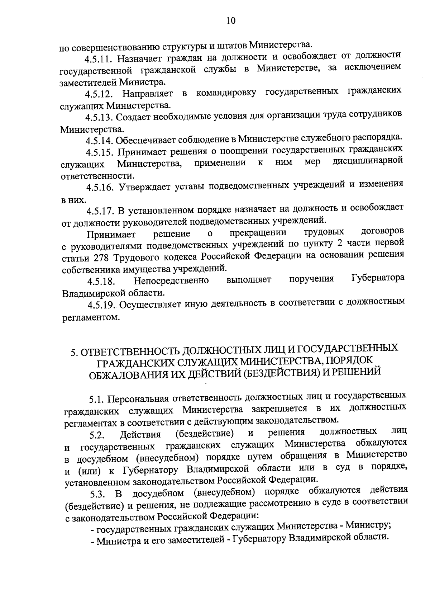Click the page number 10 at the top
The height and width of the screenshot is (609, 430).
231,20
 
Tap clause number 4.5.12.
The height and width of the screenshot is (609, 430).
99,94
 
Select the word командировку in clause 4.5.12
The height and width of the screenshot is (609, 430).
226,93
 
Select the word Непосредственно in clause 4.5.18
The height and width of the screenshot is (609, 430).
171,280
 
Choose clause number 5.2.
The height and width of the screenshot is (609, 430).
97,436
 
